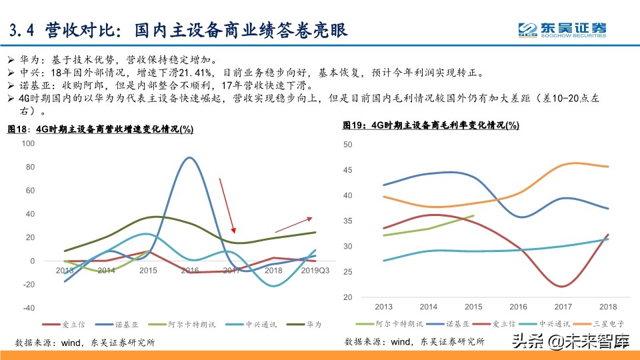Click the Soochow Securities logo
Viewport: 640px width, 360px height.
(x=563, y=29)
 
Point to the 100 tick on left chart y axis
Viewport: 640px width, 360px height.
(x=28, y=143)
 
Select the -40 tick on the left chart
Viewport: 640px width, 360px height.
(x=28, y=308)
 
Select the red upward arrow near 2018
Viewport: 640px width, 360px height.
(x=293, y=225)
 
